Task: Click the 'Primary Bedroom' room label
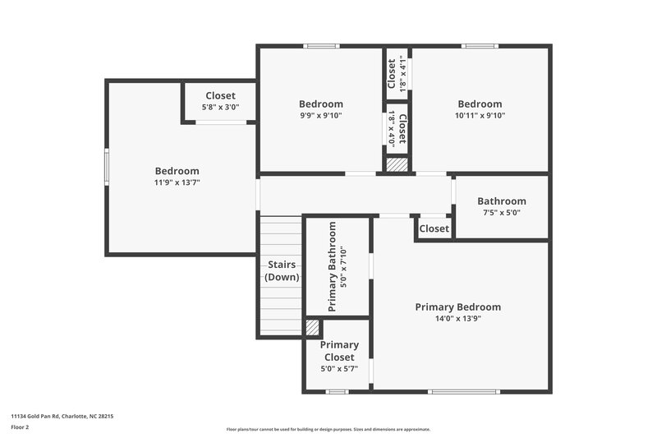pyautogui.click(x=457, y=307)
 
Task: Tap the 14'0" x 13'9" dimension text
pyautogui.click(x=457, y=319)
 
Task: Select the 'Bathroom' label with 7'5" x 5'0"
pyautogui.click(x=501, y=201)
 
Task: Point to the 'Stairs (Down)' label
pyautogui.click(x=282, y=271)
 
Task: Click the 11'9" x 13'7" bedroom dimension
pyautogui.click(x=177, y=182)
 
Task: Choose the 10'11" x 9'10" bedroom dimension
pyautogui.click(x=480, y=116)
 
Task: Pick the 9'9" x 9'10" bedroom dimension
pyautogui.click(x=320, y=116)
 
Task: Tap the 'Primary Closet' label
pyautogui.click(x=338, y=352)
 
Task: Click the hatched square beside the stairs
pyautogui.click(x=312, y=327)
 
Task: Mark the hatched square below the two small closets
pyautogui.click(x=397, y=164)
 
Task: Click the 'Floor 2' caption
pyautogui.click(x=20, y=427)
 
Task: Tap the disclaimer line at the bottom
pyautogui.click(x=328, y=429)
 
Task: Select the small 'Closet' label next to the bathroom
pyautogui.click(x=434, y=228)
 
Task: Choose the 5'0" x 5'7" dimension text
pyautogui.click(x=338, y=369)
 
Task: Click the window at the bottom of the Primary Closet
pyautogui.click(x=337, y=391)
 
